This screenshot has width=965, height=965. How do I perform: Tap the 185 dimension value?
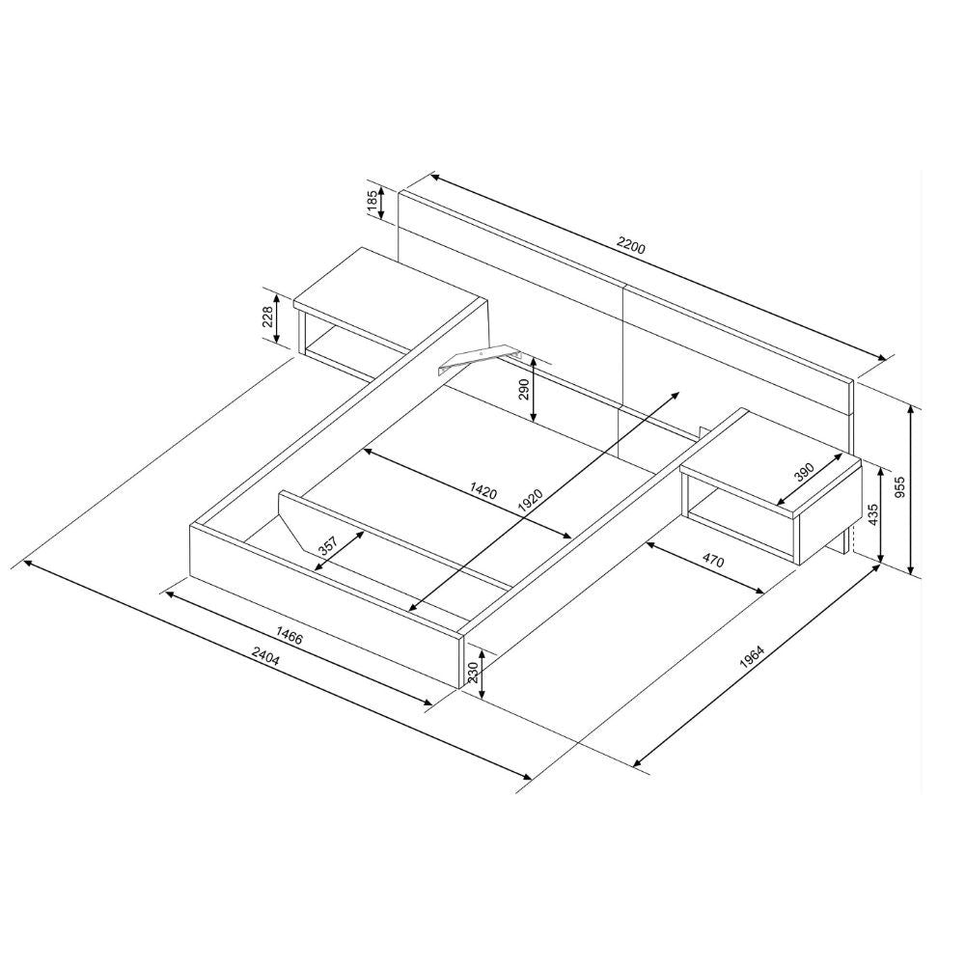click(x=372, y=203)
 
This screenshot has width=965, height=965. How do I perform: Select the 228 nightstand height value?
click(x=268, y=318)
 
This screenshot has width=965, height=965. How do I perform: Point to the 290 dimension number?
click(x=524, y=390)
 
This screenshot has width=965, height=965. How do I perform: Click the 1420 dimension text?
click(x=483, y=490)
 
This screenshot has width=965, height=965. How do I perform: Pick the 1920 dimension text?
click(x=530, y=501)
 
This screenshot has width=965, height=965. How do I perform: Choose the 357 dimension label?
click(x=328, y=546)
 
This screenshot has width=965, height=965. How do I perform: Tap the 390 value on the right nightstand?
click(x=804, y=472)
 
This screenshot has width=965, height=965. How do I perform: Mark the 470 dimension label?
click(x=713, y=561)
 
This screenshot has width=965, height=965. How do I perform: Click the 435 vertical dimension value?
click(x=872, y=514)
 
